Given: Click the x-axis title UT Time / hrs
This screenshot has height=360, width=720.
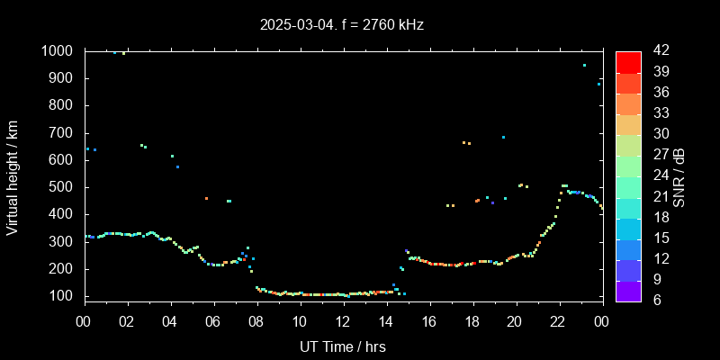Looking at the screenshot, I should [343, 346].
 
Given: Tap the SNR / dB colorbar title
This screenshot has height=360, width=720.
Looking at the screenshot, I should [678, 175].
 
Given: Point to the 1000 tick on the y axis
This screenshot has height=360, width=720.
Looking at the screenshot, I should [60, 51].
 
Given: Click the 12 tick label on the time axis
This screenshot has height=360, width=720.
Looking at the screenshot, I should [343, 320].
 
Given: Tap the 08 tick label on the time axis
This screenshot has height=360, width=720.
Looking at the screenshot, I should [256, 320].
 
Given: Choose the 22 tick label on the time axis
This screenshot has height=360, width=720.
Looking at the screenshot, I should [558, 320].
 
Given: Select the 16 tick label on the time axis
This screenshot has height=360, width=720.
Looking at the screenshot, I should [429, 320].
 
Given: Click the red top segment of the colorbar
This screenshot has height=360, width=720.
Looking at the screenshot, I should [628, 61].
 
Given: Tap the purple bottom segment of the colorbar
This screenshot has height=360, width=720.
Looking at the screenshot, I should [628, 290].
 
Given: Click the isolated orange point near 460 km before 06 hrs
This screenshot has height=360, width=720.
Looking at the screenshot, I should [206, 198].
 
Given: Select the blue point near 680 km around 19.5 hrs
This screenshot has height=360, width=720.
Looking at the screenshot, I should [503, 137].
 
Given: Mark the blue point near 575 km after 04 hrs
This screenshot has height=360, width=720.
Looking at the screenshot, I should [177, 166].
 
